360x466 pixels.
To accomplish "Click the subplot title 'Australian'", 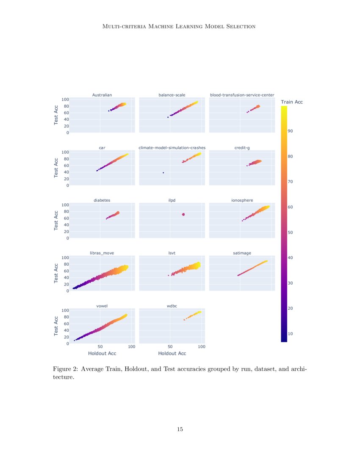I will (x=102, y=95).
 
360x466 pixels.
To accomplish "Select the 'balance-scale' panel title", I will (x=172, y=95).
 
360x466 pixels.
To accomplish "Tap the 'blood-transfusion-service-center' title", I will (x=242, y=95).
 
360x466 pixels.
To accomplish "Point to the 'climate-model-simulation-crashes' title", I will (x=172, y=148).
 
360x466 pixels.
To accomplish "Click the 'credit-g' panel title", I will (x=242, y=148).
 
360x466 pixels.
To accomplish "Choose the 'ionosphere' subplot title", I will (x=242, y=200).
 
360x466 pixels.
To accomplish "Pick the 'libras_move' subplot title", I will (x=102, y=253).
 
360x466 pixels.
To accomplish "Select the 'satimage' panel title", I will (x=242, y=253).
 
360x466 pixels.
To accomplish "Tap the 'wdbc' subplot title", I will (x=172, y=305).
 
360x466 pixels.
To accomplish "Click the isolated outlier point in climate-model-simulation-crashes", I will (x=163, y=173).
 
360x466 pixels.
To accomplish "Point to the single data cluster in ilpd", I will (x=183, y=214).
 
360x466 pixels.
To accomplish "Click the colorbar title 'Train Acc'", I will (x=292, y=102).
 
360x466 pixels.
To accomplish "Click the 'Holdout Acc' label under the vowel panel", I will (x=102, y=353).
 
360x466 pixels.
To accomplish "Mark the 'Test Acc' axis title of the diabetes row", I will (x=56, y=220).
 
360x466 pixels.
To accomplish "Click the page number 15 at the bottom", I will (x=180, y=430).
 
